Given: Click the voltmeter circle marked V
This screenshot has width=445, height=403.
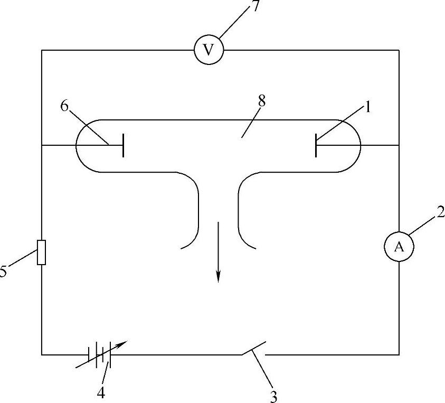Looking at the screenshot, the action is click(x=209, y=50).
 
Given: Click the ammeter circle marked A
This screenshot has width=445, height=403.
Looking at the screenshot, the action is click(x=399, y=247).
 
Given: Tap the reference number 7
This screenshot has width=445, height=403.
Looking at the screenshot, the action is click(x=255, y=8).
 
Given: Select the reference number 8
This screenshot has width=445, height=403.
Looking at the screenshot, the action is click(x=262, y=101).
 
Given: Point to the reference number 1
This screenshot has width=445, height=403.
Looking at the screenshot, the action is click(x=367, y=107).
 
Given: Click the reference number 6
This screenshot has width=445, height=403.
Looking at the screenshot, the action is click(x=64, y=106).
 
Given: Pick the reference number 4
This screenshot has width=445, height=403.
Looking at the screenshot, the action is click(x=100, y=393).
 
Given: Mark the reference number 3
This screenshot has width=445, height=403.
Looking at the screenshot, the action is click(x=273, y=396).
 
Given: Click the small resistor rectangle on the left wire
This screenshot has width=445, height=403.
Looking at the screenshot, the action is click(x=42, y=252).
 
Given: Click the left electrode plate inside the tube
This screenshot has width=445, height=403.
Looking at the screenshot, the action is click(x=123, y=145).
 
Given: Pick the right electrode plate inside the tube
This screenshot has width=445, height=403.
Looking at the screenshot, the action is click(x=316, y=145).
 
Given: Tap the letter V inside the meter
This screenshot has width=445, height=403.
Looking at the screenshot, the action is click(x=209, y=50).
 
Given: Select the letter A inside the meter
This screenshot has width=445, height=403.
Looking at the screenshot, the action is click(x=399, y=247).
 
